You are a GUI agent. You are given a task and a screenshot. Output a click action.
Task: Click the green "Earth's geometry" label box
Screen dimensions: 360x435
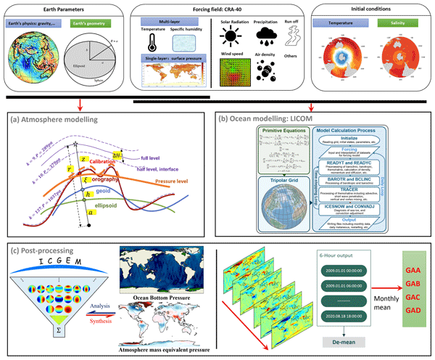pos(97,24)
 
